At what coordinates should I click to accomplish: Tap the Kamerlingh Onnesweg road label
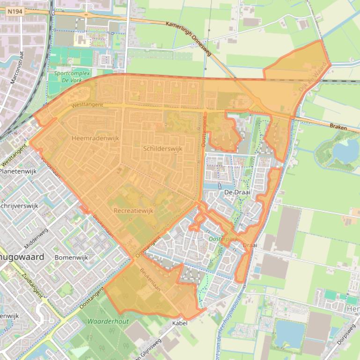coord(188,38)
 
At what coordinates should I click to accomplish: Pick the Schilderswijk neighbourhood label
coord(162,149)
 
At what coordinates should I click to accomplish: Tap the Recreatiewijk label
coord(133,211)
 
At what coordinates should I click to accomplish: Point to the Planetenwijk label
coord(18,172)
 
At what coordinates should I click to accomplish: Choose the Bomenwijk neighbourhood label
coord(71,258)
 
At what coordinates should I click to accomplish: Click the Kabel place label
coord(180,323)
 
